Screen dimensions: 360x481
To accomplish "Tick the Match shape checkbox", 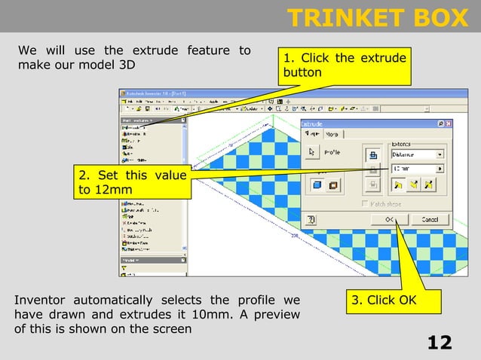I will tap(366, 203).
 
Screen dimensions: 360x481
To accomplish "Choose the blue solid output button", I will tap(317, 185).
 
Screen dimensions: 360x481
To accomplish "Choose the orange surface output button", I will tap(332, 185).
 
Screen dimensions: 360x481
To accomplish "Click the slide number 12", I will tap(440, 343).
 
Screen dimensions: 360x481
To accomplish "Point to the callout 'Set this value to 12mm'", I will tap(131, 182).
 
